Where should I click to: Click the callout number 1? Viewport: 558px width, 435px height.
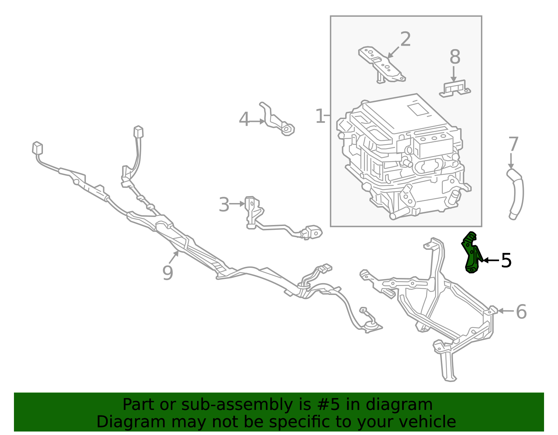tap(320, 116)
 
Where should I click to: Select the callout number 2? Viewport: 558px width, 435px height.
tap(406, 39)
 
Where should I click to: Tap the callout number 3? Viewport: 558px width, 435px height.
tap(224, 204)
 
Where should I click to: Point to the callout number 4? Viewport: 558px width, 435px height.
tap(244, 119)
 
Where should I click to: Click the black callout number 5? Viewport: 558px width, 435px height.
tap(506, 261)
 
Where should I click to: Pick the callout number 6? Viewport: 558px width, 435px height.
tap(521, 312)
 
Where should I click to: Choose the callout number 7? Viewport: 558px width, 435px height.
tap(513, 144)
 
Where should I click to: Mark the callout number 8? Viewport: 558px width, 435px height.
tap(455, 57)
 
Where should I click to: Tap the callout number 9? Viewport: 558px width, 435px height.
tap(168, 273)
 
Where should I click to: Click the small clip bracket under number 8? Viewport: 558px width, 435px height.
tap(455, 89)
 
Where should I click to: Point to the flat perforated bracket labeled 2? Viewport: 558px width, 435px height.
tap(381, 64)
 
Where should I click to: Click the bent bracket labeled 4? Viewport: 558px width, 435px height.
tap(276, 121)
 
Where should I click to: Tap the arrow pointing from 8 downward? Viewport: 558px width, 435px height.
tap(454, 74)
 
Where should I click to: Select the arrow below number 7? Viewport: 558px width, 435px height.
tap(511, 161)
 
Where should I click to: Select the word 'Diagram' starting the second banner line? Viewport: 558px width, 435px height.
tap(131, 422)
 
